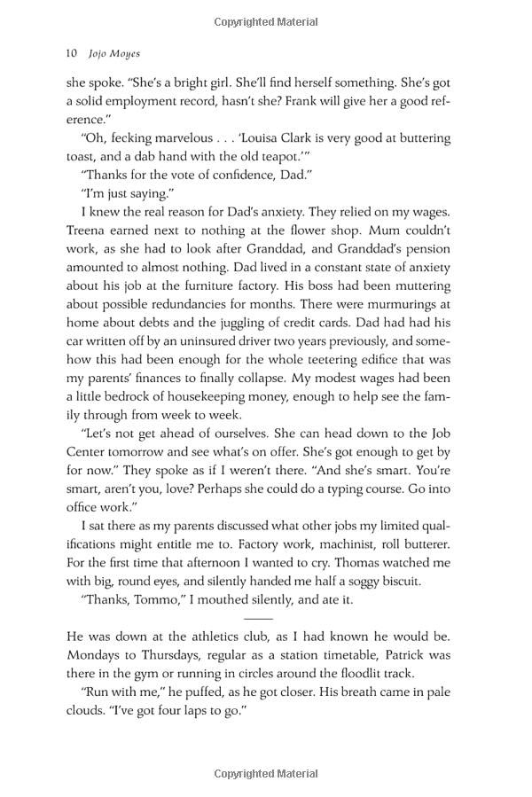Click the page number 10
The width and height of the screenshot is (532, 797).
[73, 52]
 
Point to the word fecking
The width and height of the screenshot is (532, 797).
[132, 138]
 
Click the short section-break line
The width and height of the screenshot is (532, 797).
[258, 618]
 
